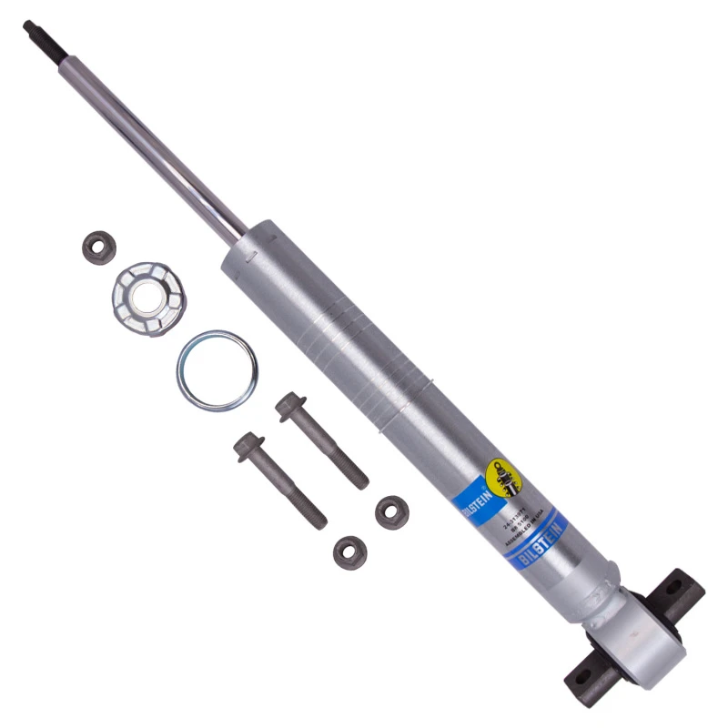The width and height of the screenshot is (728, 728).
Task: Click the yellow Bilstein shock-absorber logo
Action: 503,475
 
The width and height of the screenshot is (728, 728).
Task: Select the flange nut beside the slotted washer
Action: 98,247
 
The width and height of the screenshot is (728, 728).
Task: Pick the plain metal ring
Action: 217,370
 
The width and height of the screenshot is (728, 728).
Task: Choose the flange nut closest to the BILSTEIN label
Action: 391,511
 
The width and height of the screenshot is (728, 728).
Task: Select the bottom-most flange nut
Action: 349,550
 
